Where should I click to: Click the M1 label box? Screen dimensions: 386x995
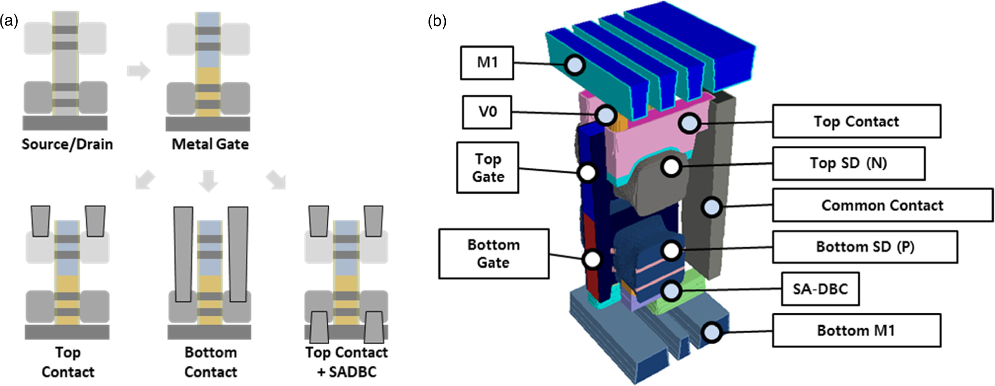[x=487, y=63]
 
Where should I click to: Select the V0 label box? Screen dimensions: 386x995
[x=487, y=112]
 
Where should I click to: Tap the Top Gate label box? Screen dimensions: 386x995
[x=487, y=168]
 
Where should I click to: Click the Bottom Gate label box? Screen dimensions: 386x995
[x=493, y=253]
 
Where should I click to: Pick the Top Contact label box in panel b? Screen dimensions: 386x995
[x=856, y=121]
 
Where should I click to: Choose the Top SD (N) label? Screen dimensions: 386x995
[x=848, y=163]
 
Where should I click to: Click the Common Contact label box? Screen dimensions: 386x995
[x=882, y=205]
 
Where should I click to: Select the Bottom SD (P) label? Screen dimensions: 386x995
[x=865, y=247]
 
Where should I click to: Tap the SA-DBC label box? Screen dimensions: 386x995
[x=820, y=289]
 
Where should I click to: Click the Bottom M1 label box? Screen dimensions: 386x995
[x=856, y=331]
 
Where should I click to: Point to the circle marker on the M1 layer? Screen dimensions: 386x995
[x=575, y=65]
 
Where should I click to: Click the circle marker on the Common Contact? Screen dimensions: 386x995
[x=711, y=207]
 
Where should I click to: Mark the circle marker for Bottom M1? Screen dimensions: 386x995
[x=711, y=332]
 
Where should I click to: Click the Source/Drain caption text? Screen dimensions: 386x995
[x=67, y=144]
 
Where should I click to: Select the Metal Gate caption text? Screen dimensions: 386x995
[x=210, y=144]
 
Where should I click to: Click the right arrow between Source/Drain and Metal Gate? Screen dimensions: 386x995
[x=139, y=71]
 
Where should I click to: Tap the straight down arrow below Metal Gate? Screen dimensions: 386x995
[x=208, y=181]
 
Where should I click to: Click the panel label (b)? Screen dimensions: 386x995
[x=437, y=21]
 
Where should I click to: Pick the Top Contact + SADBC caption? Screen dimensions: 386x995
[x=346, y=362]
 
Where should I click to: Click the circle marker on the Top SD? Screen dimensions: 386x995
[x=671, y=167]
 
